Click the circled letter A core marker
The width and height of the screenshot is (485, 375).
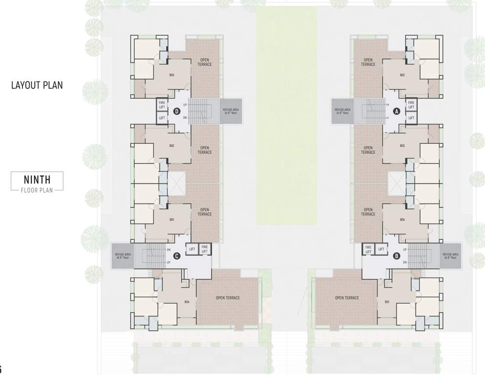pyautogui.click(x=397, y=111)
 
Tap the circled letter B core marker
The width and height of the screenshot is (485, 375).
pyautogui.click(x=397, y=255)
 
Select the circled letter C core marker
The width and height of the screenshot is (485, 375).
pyautogui.click(x=177, y=255)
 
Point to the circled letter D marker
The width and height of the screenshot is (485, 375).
pyautogui.click(x=177, y=111)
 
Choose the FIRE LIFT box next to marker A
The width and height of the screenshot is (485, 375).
pyautogui.click(x=411, y=104)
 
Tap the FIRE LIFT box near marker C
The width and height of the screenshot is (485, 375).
pyautogui.click(x=205, y=249)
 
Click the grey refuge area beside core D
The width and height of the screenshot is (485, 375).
pyautogui.click(x=231, y=111)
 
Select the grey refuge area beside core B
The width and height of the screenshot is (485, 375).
pyautogui.click(x=450, y=255)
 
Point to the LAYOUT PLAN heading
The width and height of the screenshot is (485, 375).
pyautogui.click(x=37, y=85)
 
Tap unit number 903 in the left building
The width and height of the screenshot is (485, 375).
pyautogui.click(x=172, y=75)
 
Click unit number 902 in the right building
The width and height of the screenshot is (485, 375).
pyautogui.click(x=402, y=75)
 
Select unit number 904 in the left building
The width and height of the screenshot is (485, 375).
pyautogui.click(x=187, y=302)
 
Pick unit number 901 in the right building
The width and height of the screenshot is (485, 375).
pyautogui.click(x=387, y=302)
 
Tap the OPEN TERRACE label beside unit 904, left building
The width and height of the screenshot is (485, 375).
pyautogui.click(x=228, y=298)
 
